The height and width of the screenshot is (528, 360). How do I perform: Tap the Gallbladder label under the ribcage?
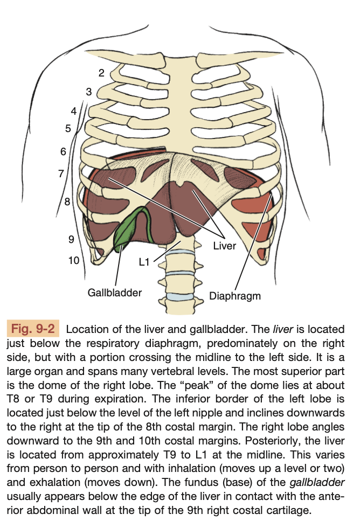click(x=114, y=293)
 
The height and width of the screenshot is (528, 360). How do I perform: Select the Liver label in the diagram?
click(x=225, y=246)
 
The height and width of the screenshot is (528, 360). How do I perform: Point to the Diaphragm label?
click(x=235, y=296)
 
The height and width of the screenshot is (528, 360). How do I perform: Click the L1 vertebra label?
click(x=144, y=262)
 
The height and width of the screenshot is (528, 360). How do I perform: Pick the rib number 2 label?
click(x=101, y=73)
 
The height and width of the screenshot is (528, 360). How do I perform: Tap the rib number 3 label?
click(x=89, y=92)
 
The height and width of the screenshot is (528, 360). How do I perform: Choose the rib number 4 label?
click(x=74, y=111)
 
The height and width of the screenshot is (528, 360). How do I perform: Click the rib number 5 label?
click(x=68, y=128)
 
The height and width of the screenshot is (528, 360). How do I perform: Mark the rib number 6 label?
click(x=63, y=151)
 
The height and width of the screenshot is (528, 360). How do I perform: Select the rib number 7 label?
click(x=61, y=173)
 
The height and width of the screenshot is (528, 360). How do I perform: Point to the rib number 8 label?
click(x=67, y=202)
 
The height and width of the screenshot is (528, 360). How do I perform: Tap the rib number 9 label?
click(x=71, y=239)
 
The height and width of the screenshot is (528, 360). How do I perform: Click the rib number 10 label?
click(x=74, y=260)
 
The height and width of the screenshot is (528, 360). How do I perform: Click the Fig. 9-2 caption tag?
click(x=33, y=328)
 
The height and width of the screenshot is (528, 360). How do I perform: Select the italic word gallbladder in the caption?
click(x=317, y=482)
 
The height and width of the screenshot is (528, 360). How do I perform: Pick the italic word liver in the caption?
click(x=283, y=329)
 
